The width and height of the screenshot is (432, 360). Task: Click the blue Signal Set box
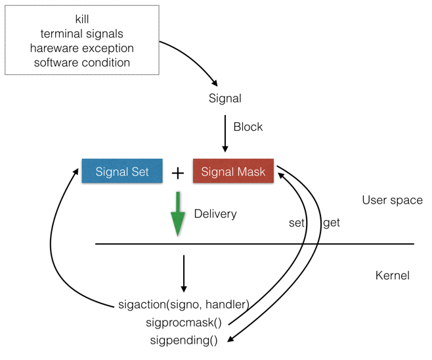tap(122, 172)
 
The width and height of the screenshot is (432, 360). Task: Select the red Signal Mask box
tap(233, 172)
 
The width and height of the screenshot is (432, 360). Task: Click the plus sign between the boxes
tap(178, 173)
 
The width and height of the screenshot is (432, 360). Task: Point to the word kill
tap(82, 19)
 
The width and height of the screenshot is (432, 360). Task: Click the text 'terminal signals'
tap(82, 34)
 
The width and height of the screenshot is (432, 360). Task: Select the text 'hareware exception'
tap(82, 48)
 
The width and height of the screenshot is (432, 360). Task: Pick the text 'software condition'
tap(82, 62)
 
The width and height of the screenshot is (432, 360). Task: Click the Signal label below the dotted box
tap(225, 99)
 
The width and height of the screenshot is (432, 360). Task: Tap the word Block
tap(248, 127)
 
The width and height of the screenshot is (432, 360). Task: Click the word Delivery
tap(215, 214)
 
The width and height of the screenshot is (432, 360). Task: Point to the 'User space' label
tap(393, 200)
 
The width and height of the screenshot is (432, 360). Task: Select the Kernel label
tap(392, 275)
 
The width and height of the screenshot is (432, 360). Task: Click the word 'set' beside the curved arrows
tap(297, 223)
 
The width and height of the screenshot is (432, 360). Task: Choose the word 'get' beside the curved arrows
tap(332, 223)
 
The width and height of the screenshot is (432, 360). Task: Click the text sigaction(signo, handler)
tap(184, 305)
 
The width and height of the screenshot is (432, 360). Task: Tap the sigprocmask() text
tap(184, 323)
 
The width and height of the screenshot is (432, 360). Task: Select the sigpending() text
tap(184, 340)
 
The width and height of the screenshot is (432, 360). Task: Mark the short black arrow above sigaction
tap(183, 273)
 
